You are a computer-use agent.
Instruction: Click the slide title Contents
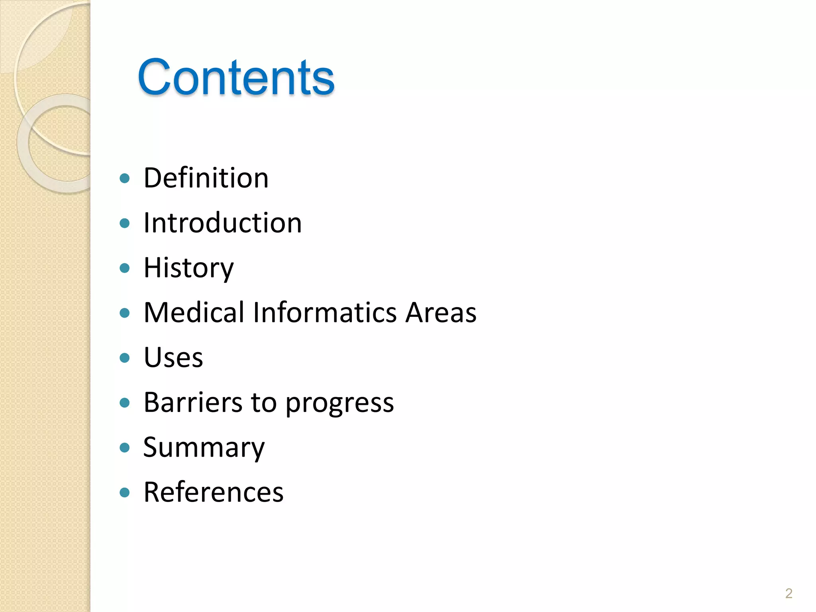tap(236, 77)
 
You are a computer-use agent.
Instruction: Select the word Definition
tap(206, 178)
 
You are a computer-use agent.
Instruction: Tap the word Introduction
tap(222, 223)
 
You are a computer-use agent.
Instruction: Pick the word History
tap(188, 268)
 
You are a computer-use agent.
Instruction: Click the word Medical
tap(194, 312)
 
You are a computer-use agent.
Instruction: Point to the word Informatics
tap(325, 312)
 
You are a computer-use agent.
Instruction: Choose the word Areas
tap(441, 312)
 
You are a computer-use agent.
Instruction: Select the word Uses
tap(173, 357)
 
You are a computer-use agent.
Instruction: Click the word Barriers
tap(193, 402)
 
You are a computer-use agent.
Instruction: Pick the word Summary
tap(204, 447)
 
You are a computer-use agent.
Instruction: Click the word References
tap(214, 492)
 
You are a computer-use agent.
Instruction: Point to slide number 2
tap(789, 593)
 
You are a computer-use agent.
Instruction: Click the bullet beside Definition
tap(125, 178)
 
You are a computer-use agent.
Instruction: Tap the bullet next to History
tap(125, 268)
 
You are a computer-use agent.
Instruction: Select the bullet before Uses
tap(125, 358)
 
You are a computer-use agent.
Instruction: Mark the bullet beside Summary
tap(125, 447)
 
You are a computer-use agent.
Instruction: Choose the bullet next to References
tap(125, 492)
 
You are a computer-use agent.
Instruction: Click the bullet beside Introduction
tap(125, 223)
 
